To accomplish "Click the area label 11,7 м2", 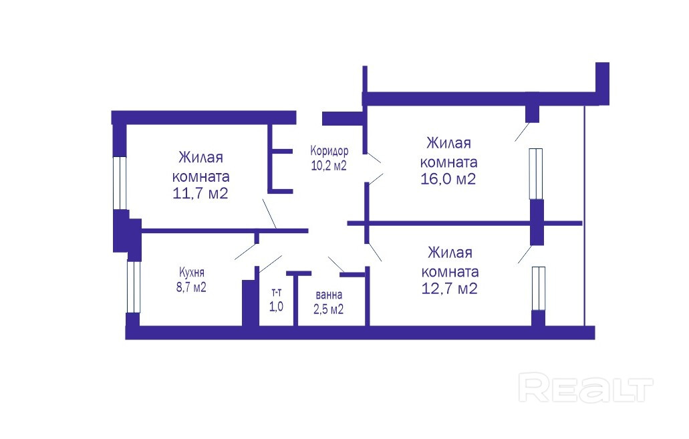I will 201,194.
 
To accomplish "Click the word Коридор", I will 329,151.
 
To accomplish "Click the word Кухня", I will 192,273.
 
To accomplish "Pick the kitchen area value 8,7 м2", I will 192,288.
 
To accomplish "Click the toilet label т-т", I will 276,292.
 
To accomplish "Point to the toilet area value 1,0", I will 276,307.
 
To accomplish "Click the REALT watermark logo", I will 585,388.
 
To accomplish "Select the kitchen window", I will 134,287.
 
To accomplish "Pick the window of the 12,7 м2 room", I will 538,288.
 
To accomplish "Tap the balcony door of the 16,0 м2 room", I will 523,132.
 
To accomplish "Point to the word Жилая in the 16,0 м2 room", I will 449,143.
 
